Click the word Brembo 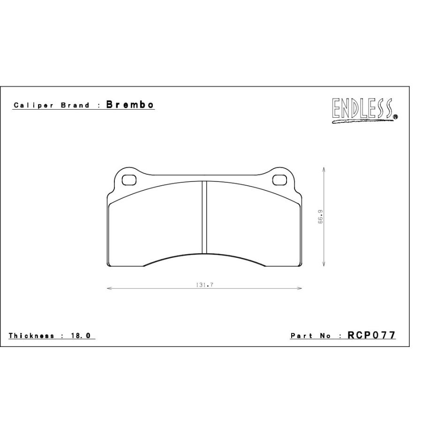click(x=130, y=105)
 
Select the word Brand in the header click(x=75, y=105)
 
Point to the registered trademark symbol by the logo click(x=395, y=117)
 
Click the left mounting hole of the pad click(x=129, y=180)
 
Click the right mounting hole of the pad click(x=279, y=180)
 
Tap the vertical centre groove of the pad click(x=204, y=217)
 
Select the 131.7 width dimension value click(x=204, y=285)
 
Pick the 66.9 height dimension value click(x=320, y=217)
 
